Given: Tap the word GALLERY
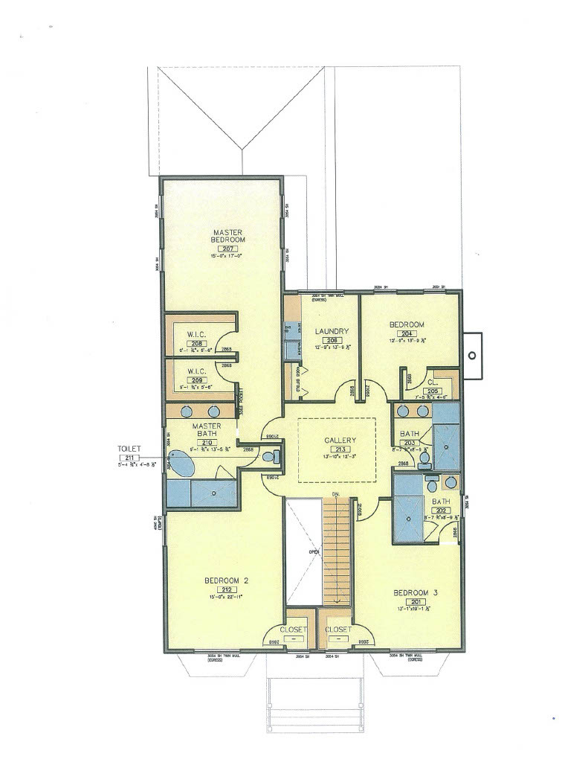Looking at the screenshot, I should click(340, 441).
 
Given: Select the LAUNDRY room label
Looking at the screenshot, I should click(331, 331).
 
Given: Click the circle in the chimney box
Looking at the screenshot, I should click(471, 356).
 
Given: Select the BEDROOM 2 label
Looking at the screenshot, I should click(226, 580).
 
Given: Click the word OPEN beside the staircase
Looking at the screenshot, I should click(314, 551).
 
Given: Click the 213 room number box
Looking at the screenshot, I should click(340, 449).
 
